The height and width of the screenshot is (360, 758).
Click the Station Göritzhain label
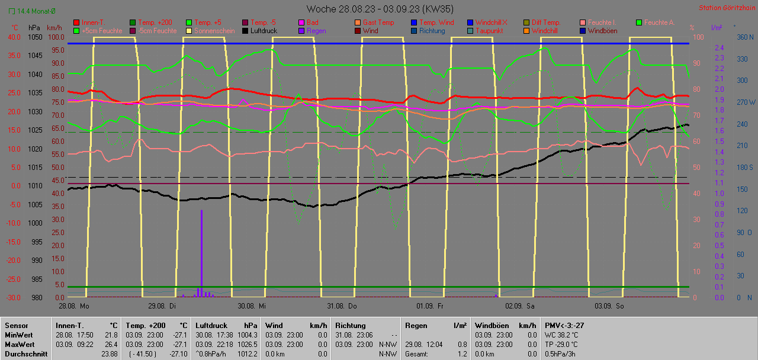(726, 8)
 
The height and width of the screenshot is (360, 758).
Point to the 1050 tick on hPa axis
(36, 37)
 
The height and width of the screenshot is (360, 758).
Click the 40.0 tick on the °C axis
(14, 37)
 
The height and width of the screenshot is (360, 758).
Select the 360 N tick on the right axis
(743, 37)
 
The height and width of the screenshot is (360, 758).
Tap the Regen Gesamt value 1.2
(461, 353)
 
